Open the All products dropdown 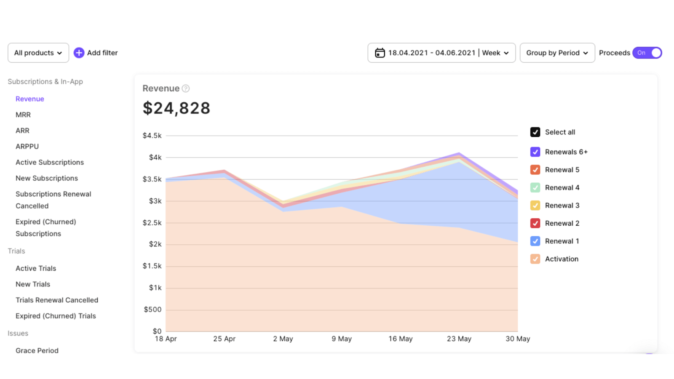point(38,53)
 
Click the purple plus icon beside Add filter point(79,53)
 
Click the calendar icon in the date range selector point(380,53)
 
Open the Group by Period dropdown point(557,53)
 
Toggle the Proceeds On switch point(647,53)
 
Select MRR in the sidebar point(23,115)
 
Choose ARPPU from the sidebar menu point(27,147)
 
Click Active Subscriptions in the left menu point(50,163)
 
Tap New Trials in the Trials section point(33,284)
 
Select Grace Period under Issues point(37,350)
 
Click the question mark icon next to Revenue point(186,88)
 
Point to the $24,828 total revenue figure point(177,108)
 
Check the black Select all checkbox point(535,132)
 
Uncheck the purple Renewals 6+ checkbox point(535,152)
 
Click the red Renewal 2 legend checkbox point(535,223)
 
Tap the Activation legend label point(562,259)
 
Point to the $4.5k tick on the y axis point(152,136)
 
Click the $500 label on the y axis point(152,310)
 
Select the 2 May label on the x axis point(283,339)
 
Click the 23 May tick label point(459,339)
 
